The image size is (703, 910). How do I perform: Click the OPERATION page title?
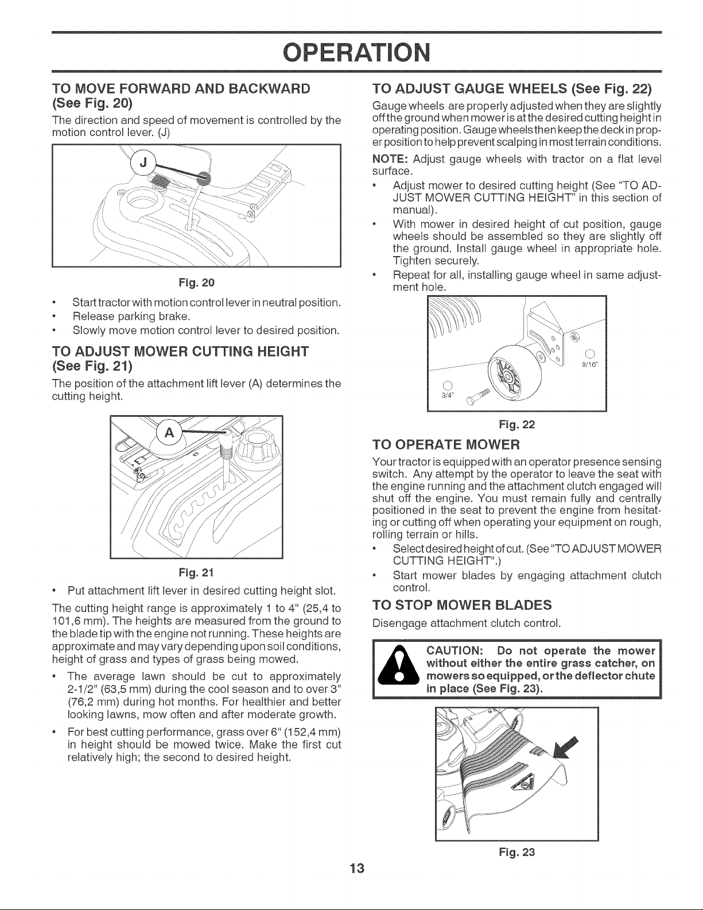[356, 53]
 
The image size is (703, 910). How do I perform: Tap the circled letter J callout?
[143, 162]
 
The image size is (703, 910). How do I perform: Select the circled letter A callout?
[169, 433]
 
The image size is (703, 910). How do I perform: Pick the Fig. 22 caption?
[517, 425]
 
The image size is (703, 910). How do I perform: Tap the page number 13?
[357, 868]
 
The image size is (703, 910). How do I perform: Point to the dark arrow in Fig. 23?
[566, 747]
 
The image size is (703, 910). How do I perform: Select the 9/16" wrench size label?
[591, 363]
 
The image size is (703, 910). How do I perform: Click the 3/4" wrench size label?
[447, 396]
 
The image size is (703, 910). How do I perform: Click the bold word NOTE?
[390, 159]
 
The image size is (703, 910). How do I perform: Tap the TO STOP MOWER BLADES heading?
[462, 605]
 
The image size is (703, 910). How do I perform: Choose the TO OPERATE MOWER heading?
[446, 444]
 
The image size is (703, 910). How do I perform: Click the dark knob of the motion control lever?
[204, 178]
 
